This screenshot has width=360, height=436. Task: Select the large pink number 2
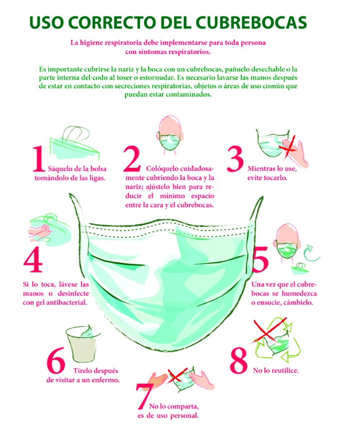point(132,159)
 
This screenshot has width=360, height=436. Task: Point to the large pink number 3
point(235,159)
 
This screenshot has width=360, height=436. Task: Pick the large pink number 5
point(260,260)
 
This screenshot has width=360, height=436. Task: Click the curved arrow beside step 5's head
point(311,253)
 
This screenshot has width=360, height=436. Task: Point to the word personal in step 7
point(184,415)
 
